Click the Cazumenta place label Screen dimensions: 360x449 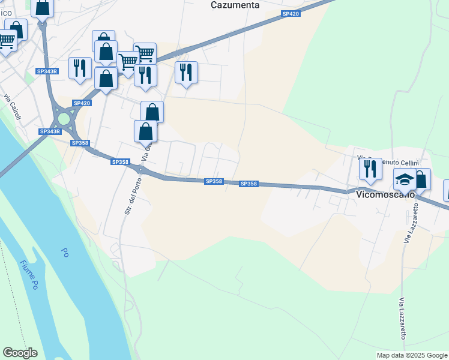[x=235, y=5]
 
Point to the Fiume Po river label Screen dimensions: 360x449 [x=28, y=275]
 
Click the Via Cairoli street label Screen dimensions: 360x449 [x=12, y=107]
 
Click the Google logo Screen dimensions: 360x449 [x=20, y=353]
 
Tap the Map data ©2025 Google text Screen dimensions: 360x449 [x=412, y=355]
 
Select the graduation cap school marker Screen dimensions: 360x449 [x=405, y=179]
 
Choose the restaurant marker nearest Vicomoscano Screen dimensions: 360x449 [x=370, y=169]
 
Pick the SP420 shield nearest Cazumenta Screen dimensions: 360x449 [x=290, y=13]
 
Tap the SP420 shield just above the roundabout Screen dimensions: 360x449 [x=82, y=103]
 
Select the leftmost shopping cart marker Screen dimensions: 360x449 [x=6, y=41]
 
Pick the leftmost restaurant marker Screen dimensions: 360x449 [x=80, y=67]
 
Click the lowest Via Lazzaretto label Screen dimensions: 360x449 [x=402, y=317]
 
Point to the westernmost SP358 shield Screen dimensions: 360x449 [x=80, y=143]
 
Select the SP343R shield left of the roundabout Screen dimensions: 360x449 [x=50, y=131]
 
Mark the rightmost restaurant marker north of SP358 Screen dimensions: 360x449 [x=186, y=72]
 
